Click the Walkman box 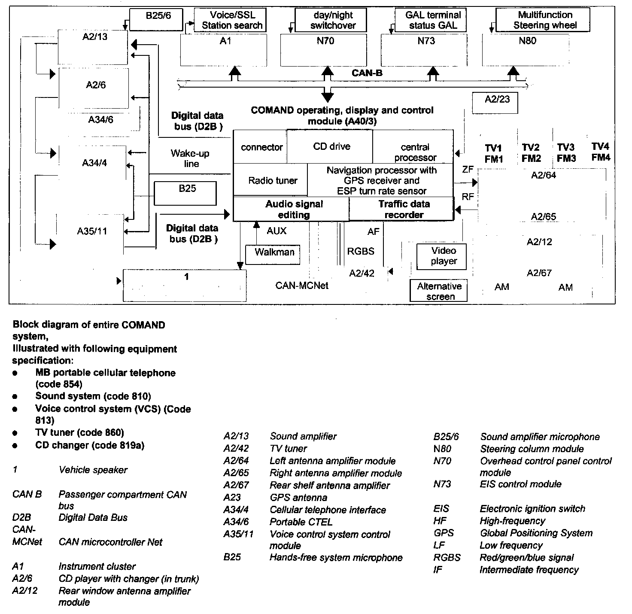tap(274, 254)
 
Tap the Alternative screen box tap(439, 291)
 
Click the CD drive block tap(331, 146)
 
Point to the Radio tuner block tap(272, 181)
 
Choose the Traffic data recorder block tap(403, 209)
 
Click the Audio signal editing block tap(294, 209)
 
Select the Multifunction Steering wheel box tap(544, 20)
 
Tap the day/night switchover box tap(333, 20)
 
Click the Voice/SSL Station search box tap(231, 20)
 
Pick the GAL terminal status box tap(432, 20)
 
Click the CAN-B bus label tap(367, 73)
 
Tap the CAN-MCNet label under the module tap(302, 286)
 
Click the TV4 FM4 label tap(600, 152)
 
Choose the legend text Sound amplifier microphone tap(540, 437)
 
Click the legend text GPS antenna tap(298, 498)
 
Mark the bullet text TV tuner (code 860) tap(79, 432)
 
